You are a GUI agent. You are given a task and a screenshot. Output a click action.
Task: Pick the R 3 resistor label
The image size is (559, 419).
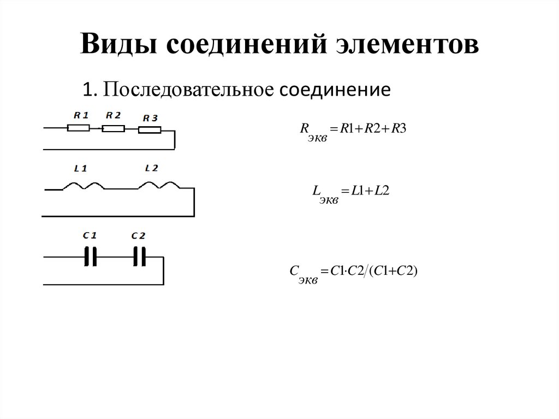(149, 118)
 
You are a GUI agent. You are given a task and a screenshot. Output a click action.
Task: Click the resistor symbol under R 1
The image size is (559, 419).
(78, 128)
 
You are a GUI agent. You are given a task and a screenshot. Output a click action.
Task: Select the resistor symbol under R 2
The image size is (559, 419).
(113, 128)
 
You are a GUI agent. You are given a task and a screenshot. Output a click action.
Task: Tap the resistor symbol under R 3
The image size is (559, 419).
(149, 130)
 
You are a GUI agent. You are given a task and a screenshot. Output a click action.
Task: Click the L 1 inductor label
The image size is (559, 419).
(80, 168)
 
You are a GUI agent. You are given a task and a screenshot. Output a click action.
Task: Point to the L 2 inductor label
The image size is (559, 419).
(151, 168)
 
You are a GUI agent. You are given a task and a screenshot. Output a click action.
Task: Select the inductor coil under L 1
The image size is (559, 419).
(84, 186)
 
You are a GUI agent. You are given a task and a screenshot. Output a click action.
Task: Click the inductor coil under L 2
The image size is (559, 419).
(157, 186)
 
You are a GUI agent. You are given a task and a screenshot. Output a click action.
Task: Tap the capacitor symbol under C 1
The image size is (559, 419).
(91, 256)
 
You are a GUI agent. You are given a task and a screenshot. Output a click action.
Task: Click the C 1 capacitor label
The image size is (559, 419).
(90, 235)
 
